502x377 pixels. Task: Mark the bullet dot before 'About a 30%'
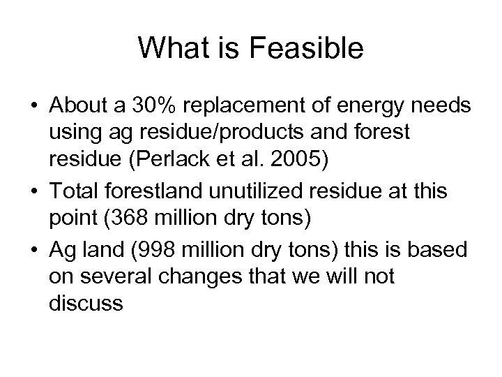pos(32,106)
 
